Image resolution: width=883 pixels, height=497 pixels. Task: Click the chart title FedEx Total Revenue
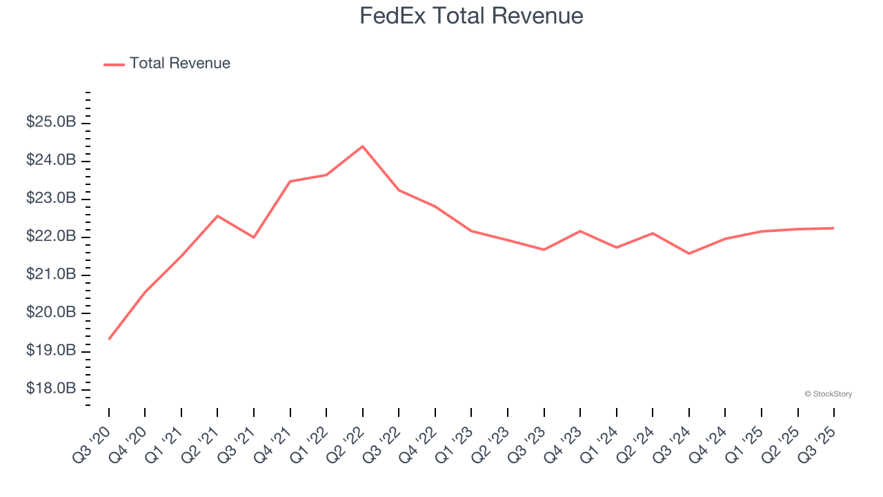pos(471,15)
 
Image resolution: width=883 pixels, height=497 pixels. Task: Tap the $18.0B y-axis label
pos(50,389)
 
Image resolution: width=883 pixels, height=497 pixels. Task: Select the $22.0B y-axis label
pos(50,237)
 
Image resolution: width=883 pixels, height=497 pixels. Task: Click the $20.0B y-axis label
pos(50,313)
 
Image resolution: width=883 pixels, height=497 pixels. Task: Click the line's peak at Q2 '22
pos(363,146)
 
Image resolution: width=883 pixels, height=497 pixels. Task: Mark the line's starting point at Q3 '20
pos(109,339)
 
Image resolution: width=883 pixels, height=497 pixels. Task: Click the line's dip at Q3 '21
pos(254,237)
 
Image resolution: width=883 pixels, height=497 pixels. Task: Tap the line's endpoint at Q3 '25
pos(834,228)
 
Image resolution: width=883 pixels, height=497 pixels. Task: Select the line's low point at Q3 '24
pos(689,253)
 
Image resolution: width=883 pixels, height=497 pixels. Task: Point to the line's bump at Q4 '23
pos(580,231)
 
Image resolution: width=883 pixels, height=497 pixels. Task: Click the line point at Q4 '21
pos(290,182)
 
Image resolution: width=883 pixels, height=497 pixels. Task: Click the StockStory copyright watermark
pos(828,394)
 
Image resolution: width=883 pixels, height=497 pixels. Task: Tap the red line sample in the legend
pos(114,64)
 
